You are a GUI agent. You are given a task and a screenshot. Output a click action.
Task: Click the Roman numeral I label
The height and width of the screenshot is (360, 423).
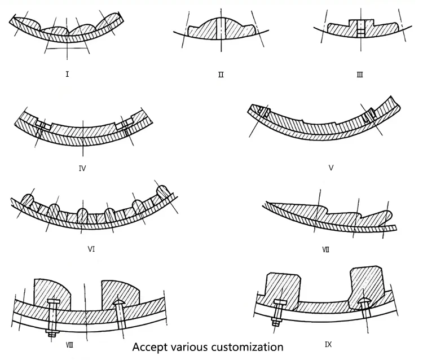pyautogui.click(x=67, y=74)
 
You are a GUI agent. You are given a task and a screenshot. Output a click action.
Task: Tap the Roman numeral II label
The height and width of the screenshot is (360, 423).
pyautogui.click(x=221, y=74)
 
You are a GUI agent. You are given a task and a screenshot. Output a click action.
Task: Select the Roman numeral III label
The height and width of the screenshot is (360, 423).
pyautogui.click(x=360, y=74)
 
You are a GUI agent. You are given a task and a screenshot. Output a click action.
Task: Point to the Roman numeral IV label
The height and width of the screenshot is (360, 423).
pyautogui.click(x=82, y=169)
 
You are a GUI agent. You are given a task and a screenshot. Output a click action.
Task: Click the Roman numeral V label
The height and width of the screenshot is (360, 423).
pyautogui.click(x=331, y=168)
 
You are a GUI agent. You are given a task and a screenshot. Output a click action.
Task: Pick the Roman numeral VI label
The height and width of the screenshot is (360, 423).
pyautogui.click(x=91, y=249)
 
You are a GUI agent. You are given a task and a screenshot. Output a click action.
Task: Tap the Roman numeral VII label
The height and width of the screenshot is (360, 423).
pyautogui.click(x=326, y=249)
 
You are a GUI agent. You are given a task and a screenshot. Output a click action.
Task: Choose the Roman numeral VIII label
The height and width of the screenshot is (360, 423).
pyautogui.click(x=69, y=345)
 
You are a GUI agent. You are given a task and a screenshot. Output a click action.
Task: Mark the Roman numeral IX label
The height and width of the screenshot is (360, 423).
pyautogui.click(x=328, y=344)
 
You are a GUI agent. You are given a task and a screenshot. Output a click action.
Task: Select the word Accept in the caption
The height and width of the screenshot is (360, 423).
pyautogui.click(x=149, y=348)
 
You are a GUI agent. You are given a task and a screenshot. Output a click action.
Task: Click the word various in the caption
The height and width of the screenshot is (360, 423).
pyautogui.click(x=189, y=347)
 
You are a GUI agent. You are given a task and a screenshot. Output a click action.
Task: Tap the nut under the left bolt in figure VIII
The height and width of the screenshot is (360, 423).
pyautogui.click(x=51, y=333)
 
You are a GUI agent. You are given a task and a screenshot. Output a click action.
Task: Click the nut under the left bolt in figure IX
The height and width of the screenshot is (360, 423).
pyautogui.click(x=276, y=322)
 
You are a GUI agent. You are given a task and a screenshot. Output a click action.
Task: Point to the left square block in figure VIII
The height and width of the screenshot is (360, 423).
pyautogui.click(x=52, y=294)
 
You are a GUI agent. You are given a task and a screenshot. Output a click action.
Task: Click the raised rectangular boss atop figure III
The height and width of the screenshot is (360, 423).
pyautogui.click(x=361, y=23)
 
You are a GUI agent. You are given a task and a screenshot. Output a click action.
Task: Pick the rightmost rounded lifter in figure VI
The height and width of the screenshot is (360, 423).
pyautogui.click(x=162, y=192)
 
